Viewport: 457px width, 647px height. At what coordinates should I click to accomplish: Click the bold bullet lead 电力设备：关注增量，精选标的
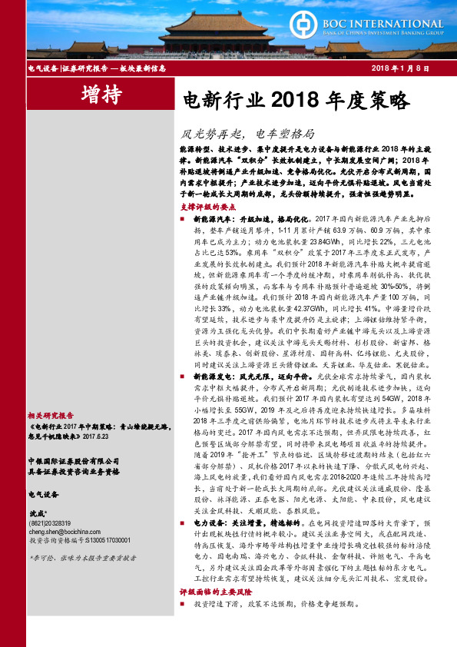tap(242, 542)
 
